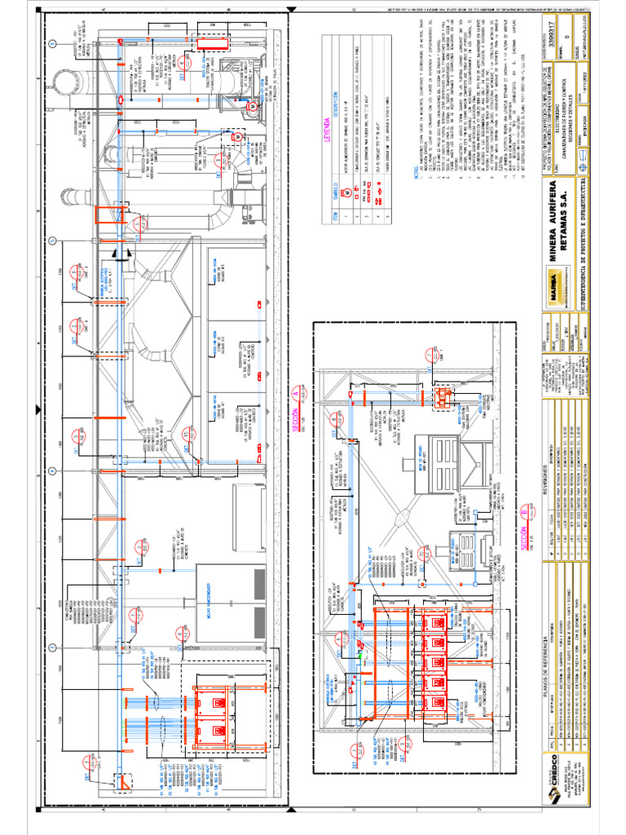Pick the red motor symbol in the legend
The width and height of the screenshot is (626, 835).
pyautogui.click(x=345, y=192)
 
